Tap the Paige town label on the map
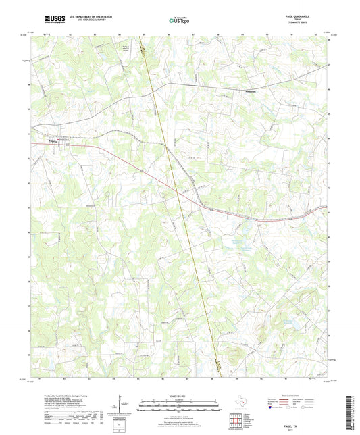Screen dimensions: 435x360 pyautogui.click(x=55, y=141)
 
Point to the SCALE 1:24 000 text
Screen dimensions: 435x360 pyautogui.click(x=179, y=395)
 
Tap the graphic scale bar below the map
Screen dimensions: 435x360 pyautogui.click(x=179, y=405)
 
